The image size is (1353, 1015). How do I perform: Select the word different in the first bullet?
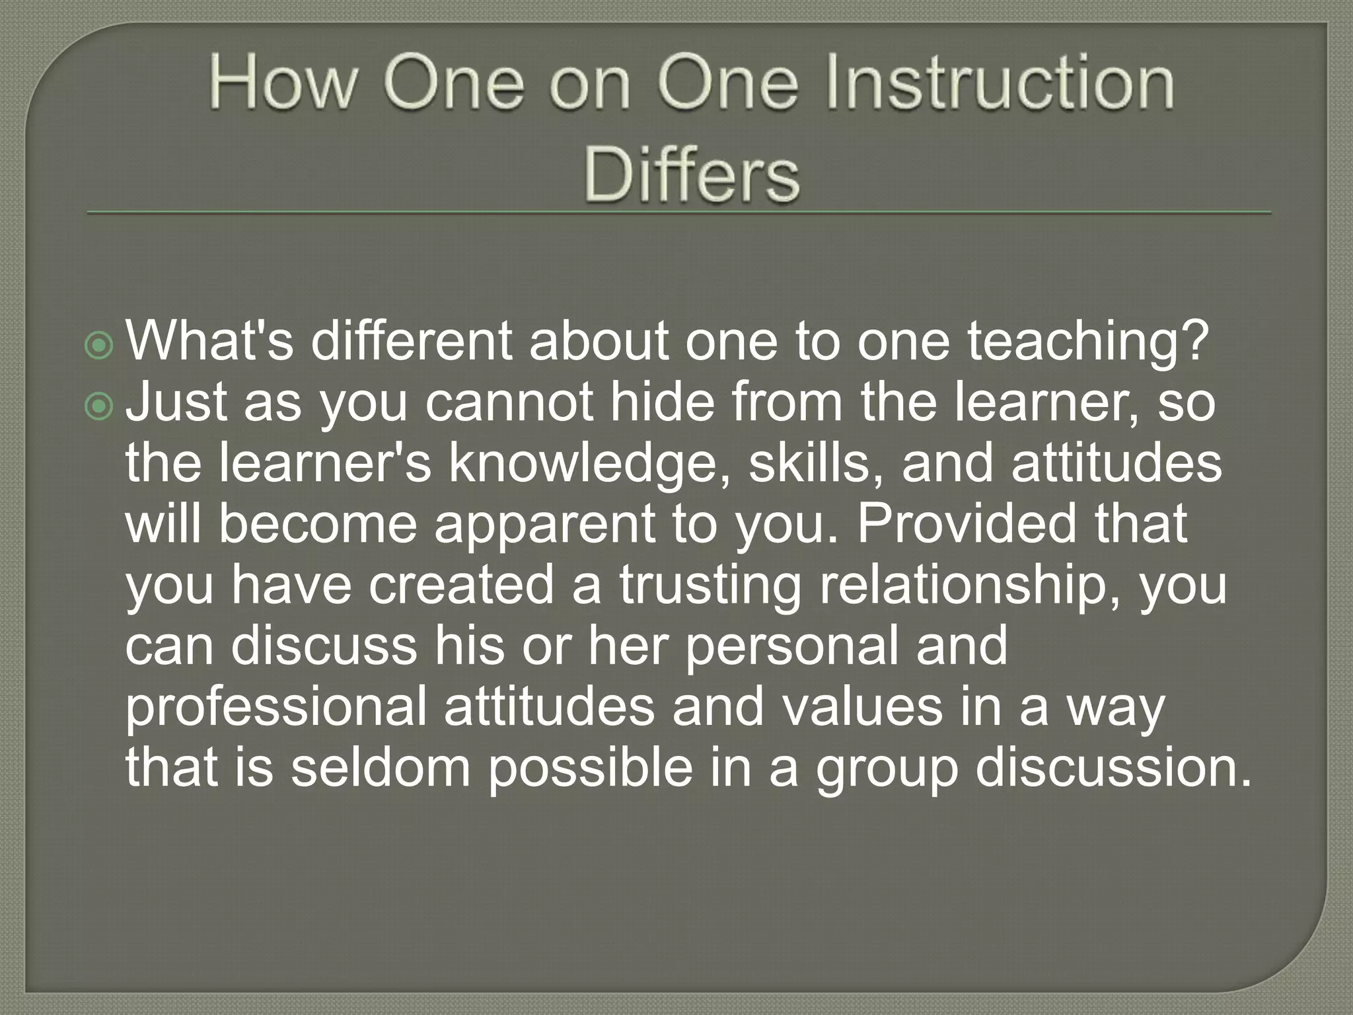point(411,342)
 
